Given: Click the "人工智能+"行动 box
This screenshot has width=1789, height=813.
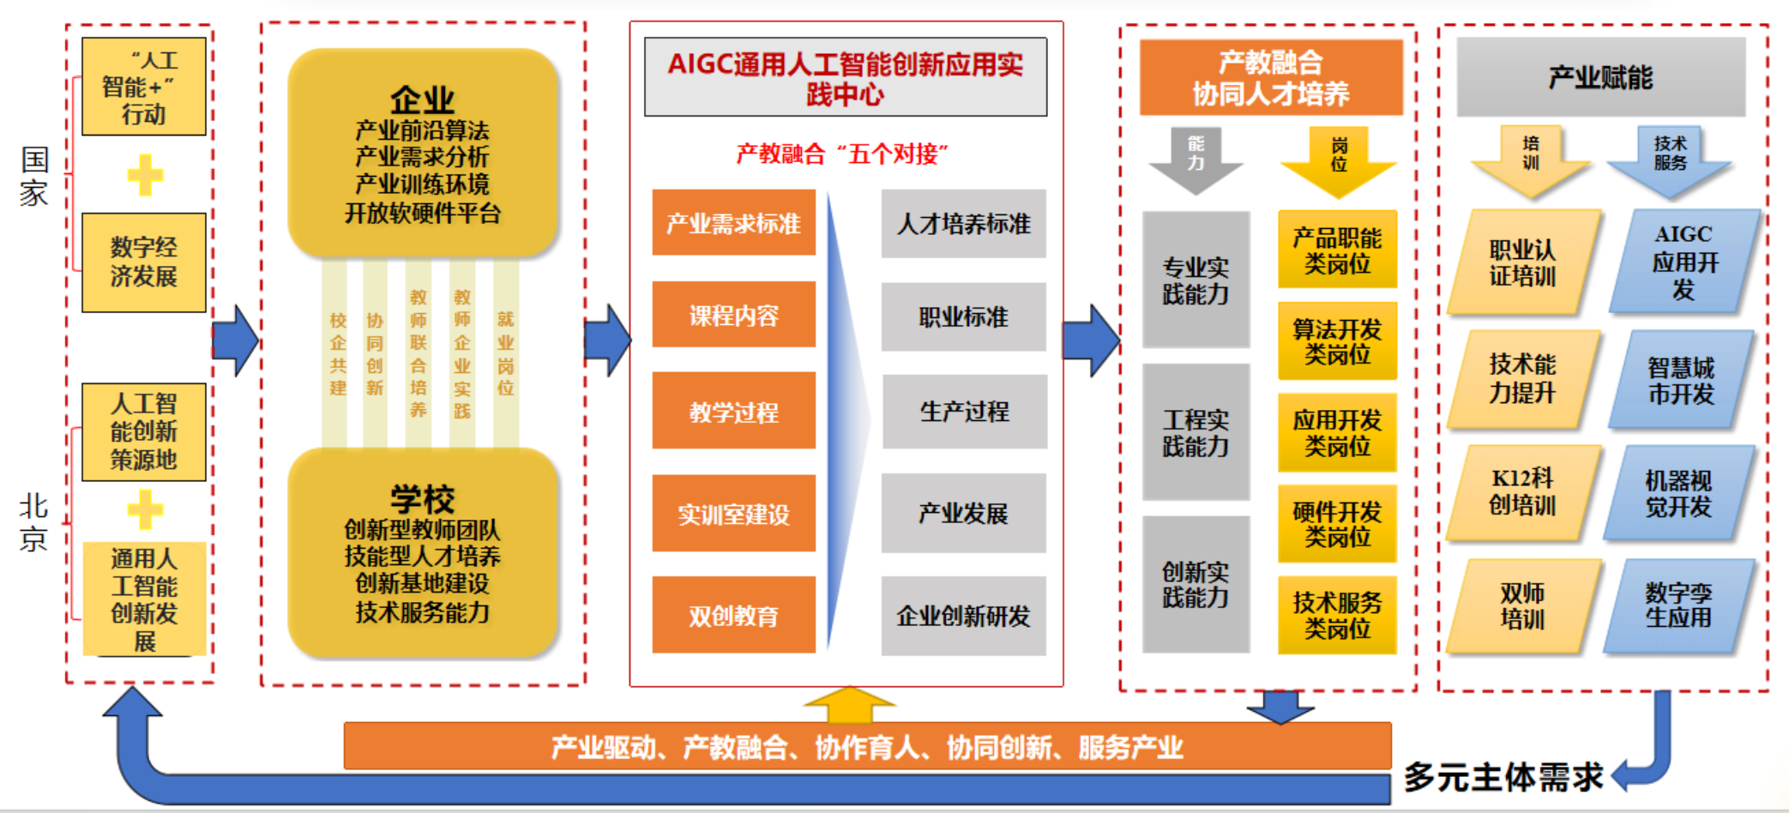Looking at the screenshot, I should [143, 87].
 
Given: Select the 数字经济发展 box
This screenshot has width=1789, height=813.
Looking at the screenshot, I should [143, 262].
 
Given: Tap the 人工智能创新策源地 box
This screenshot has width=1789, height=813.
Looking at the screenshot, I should [143, 431].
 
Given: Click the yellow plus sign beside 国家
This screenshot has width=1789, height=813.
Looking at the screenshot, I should [145, 176].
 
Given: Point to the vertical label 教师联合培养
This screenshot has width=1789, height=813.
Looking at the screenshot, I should [418, 353].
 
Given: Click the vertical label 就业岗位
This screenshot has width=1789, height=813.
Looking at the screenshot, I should [505, 353].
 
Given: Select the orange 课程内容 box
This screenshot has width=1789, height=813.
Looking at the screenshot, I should [733, 315].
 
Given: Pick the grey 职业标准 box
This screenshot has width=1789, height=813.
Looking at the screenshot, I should [963, 316].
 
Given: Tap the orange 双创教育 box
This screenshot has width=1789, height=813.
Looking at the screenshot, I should [733, 615].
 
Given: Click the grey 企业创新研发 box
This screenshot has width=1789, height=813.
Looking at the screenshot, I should [963, 615].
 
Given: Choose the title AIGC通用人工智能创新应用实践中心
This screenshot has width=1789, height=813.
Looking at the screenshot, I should [845, 78].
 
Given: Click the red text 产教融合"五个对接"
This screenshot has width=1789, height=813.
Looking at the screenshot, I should [841, 154].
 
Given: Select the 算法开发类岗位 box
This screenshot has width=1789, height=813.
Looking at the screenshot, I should [1337, 341].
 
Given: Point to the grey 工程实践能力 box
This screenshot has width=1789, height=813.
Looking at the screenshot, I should [1196, 432].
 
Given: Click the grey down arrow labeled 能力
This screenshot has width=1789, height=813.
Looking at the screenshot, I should [1196, 160].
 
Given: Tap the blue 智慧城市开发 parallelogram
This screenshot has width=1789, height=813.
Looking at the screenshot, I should [1681, 380].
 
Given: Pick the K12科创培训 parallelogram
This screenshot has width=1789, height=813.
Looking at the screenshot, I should [1522, 491].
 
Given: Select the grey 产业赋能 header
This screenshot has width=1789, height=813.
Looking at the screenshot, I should [1600, 77].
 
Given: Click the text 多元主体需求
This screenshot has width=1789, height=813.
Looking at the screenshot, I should [1503, 777].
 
